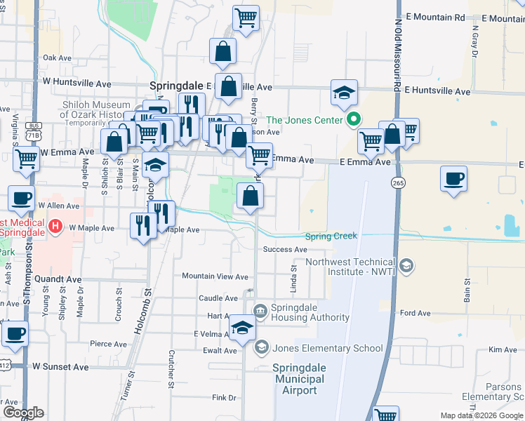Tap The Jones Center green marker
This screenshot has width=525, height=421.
pos(354,119)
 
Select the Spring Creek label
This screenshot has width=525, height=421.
pos(331,236)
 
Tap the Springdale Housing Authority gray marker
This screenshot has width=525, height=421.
pos(260,309)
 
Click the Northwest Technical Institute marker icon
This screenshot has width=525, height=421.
pos(408,267)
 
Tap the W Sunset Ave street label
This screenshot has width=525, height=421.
pos(61,366)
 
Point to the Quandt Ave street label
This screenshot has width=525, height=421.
pos(59,279)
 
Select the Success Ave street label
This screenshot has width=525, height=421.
pos(285,250)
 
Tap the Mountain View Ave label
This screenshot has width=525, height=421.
pos(215,277)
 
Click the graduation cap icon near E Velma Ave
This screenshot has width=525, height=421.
pos(243,328)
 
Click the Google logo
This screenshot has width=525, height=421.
pos(23,412)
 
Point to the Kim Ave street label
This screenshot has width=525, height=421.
pos(503,349)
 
